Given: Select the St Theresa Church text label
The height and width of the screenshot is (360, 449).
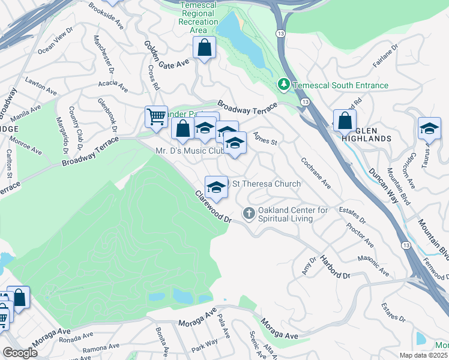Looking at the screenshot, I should (x=267, y=184).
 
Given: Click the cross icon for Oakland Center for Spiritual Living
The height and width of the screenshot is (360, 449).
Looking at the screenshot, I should (x=249, y=214).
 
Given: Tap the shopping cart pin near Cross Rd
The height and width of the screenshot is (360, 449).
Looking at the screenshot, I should (x=156, y=117).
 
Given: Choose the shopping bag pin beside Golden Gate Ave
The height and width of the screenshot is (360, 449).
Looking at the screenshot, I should (x=204, y=47).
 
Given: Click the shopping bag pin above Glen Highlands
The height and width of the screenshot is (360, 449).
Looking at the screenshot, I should (x=345, y=121).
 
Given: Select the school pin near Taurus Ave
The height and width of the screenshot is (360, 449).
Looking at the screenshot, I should (x=429, y=129).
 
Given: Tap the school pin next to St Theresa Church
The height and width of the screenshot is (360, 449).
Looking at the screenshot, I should (x=216, y=186).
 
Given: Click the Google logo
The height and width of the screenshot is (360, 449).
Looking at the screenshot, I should (x=20, y=353).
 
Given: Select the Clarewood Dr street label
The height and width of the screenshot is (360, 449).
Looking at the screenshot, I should (x=212, y=207).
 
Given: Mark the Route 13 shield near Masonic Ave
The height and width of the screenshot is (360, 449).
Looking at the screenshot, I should (x=406, y=246).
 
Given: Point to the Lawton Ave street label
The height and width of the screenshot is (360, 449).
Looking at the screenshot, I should (x=40, y=86).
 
